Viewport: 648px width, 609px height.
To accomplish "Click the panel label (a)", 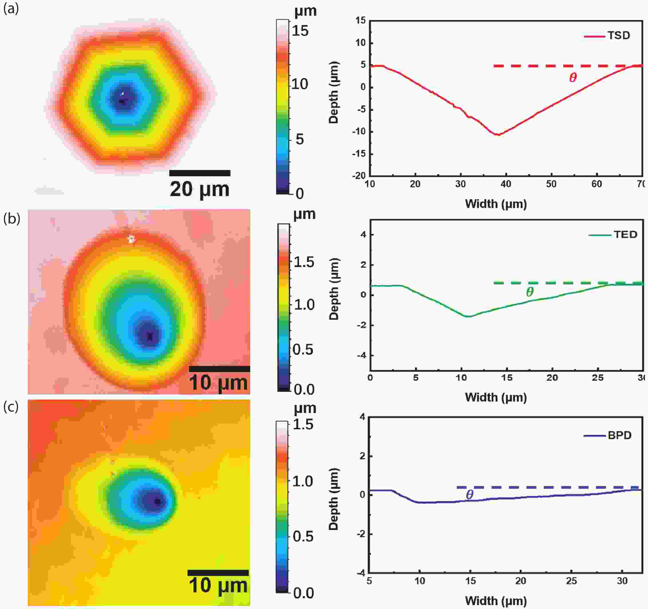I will [11, 9].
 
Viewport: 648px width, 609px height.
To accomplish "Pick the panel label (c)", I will [11, 407].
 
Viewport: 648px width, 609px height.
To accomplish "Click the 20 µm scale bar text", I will [199, 189].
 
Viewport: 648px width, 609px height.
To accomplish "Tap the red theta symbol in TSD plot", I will [573, 78].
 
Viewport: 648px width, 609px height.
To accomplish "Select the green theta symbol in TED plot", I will [530, 292].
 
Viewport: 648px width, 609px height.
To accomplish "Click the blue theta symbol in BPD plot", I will [469, 494].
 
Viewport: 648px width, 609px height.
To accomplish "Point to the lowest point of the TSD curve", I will [498, 135].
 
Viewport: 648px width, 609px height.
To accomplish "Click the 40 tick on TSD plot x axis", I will [505, 184].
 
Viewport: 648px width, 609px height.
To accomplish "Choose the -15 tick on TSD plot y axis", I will [360, 154].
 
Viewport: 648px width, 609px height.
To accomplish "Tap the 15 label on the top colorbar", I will [300, 31].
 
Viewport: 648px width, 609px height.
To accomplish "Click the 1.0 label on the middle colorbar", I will [304, 305].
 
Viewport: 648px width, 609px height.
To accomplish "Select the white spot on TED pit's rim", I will [131, 240].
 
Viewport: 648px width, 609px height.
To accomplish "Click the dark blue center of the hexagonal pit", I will [122, 99].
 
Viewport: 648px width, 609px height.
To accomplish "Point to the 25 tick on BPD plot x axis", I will [571, 581].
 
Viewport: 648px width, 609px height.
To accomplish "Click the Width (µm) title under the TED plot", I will [495, 397].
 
